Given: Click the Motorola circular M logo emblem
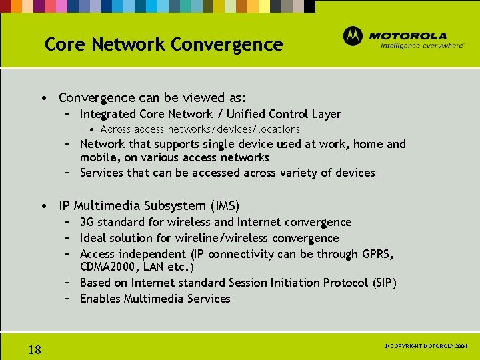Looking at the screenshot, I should (x=353, y=36).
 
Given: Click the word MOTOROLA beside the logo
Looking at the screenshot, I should (x=407, y=35).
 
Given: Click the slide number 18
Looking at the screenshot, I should (x=35, y=349).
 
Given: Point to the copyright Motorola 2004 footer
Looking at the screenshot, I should (x=427, y=347).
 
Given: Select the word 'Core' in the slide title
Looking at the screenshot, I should (x=65, y=45).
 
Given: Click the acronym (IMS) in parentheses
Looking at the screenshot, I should (x=223, y=205).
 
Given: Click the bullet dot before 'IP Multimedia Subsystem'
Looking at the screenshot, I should (x=43, y=205).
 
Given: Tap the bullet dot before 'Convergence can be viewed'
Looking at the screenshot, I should (x=43, y=98).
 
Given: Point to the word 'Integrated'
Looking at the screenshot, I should (x=107, y=114).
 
